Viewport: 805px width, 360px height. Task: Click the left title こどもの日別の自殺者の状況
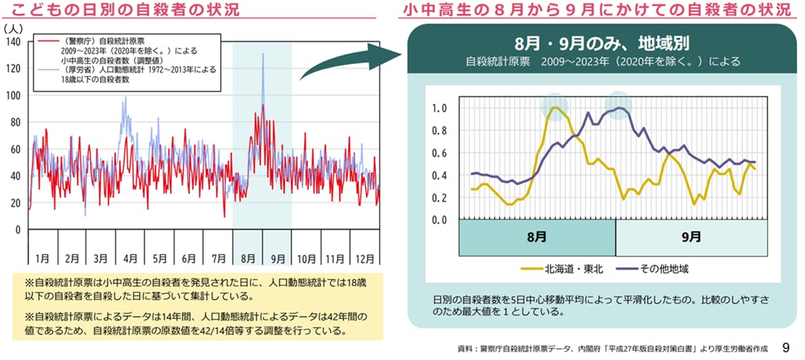coord(126,11)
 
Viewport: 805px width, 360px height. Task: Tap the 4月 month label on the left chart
coord(130,258)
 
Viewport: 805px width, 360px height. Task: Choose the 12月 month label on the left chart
coord(365,258)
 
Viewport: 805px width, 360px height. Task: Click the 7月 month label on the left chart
coord(218,258)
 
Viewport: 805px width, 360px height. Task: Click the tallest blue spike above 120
coord(263,55)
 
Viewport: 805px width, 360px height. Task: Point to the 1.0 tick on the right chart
coord(439,109)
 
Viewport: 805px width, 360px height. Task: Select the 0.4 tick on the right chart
coord(439,175)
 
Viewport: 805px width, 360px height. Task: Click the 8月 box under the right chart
coord(537,236)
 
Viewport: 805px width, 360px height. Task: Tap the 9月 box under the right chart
coord(691,236)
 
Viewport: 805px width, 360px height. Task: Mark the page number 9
coord(785,348)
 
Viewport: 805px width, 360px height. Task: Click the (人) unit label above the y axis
coord(13,28)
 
